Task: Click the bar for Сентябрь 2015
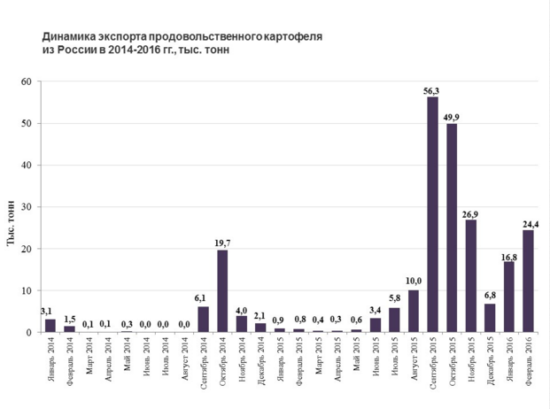pos(432,214)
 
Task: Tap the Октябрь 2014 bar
pos(222,291)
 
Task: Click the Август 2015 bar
pos(414,311)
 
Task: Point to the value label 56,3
pos(432,89)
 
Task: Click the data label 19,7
pos(222,243)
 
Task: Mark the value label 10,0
pos(414,282)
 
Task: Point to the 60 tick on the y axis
pos(26,82)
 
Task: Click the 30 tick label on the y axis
pos(26,207)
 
